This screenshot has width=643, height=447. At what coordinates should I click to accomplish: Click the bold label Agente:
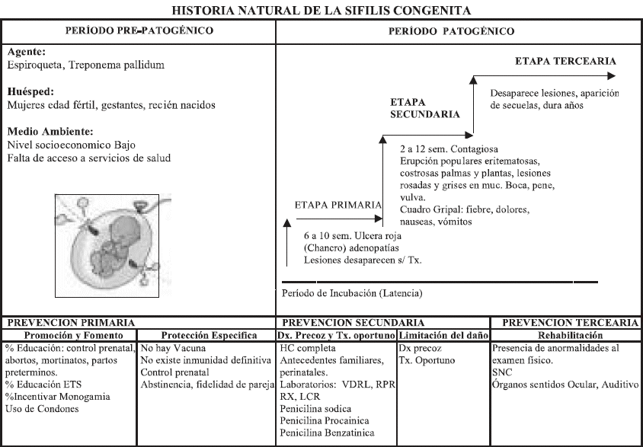click(x=27, y=54)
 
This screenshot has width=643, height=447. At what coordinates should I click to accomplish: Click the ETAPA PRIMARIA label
click(x=337, y=205)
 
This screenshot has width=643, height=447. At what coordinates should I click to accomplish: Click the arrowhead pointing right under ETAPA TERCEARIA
click(x=612, y=75)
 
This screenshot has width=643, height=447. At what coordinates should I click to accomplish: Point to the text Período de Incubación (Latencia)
click(x=352, y=292)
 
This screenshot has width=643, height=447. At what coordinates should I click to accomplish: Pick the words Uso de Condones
click(x=41, y=409)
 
